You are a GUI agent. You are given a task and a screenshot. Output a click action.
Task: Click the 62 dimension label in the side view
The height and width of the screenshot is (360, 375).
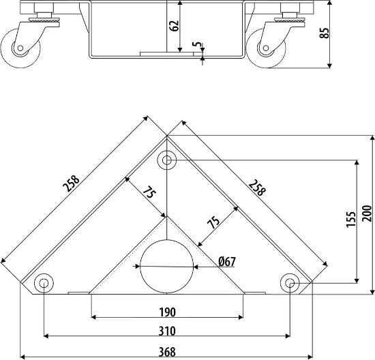click(x=175, y=26)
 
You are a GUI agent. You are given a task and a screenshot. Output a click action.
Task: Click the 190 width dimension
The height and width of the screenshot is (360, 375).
click(x=167, y=312)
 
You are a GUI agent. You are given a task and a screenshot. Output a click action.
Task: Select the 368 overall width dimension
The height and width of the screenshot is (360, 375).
click(x=167, y=352)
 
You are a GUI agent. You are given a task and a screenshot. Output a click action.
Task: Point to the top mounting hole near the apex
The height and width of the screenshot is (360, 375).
click(x=166, y=162)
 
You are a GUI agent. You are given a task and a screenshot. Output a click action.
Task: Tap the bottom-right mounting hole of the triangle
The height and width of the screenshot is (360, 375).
click(x=290, y=282)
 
